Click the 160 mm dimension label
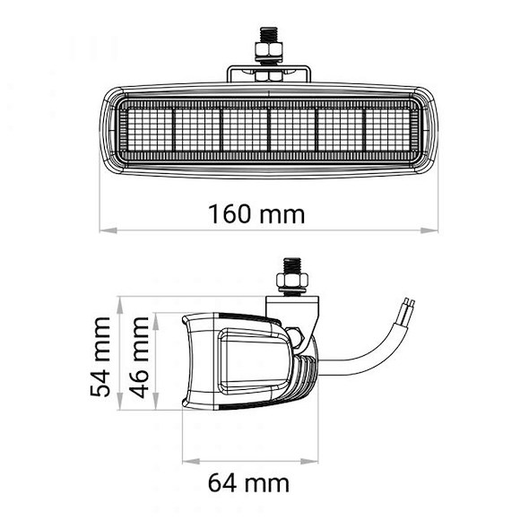(x=256, y=215)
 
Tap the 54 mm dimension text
(x=104, y=356)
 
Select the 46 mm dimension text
(x=139, y=356)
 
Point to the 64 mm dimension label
(x=248, y=483)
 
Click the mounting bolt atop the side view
(x=293, y=266)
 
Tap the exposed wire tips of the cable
(x=408, y=306)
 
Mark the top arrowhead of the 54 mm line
(x=119, y=303)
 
